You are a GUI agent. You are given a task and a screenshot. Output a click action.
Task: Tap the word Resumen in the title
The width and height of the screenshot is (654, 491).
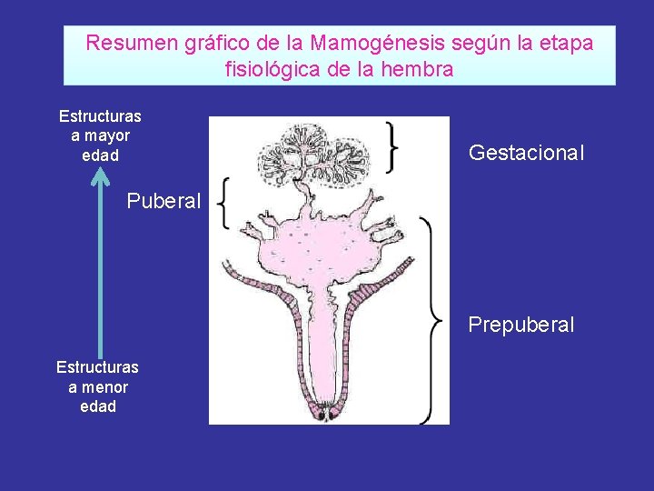click(124, 43)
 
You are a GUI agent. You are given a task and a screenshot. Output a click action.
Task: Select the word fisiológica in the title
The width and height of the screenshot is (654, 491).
click(269, 69)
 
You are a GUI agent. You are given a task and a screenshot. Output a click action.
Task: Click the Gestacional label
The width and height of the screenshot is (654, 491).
click(526, 153)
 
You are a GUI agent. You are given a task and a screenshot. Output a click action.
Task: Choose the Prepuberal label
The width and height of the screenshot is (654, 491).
click(521, 325)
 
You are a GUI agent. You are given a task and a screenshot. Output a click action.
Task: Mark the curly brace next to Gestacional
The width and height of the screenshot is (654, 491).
click(392, 145)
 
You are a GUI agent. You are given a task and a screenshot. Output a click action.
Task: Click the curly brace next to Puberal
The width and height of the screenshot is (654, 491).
click(224, 203)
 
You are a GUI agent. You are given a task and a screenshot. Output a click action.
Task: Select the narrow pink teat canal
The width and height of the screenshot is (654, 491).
click(322, 355)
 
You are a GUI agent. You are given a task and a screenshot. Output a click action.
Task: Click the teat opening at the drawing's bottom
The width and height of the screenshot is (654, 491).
click(323, 414)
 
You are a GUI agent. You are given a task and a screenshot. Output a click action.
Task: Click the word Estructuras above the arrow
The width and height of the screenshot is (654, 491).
click(100, 115)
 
